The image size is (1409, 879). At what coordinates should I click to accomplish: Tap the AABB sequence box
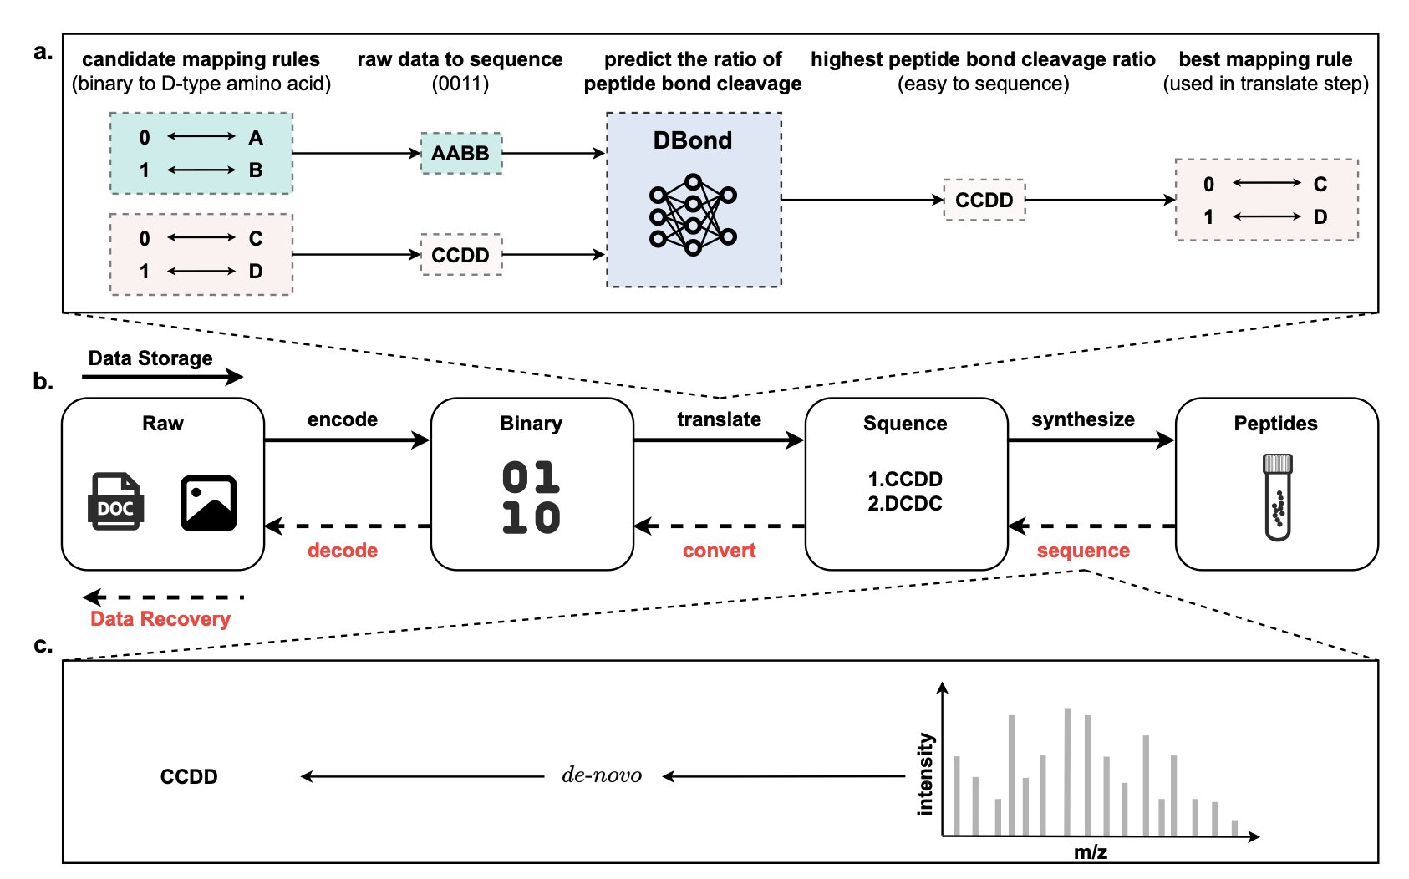coord(460,153)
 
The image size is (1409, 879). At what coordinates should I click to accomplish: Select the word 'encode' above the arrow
coord(343,419)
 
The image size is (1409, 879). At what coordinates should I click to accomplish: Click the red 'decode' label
coord(343,551)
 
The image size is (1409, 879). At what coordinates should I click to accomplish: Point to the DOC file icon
coord(116,502)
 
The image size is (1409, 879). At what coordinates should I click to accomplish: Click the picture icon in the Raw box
coord(208,503)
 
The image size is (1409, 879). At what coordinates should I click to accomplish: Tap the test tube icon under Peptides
coord(1277,497)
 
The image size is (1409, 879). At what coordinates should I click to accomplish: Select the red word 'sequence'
coord(1083,551)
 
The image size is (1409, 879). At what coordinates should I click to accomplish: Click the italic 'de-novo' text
coord(602,775)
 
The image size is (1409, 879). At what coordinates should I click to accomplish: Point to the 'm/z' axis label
coord(1091,852)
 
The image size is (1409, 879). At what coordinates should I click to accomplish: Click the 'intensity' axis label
coord(925,774)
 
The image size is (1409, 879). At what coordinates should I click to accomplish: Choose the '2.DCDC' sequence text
coord(905,504)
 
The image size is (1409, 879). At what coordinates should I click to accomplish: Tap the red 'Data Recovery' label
coord(160,619)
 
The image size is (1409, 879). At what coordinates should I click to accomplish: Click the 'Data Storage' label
coord(150,358)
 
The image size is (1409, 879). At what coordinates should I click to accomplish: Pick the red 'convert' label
coord(719,551)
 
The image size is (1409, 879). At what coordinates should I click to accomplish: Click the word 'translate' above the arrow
coord(719,419)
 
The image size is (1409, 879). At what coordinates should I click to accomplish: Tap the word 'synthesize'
coord(1083,419)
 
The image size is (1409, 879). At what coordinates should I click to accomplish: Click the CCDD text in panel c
coord(189,777)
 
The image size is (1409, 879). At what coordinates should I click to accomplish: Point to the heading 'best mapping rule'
coord(1265,59)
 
